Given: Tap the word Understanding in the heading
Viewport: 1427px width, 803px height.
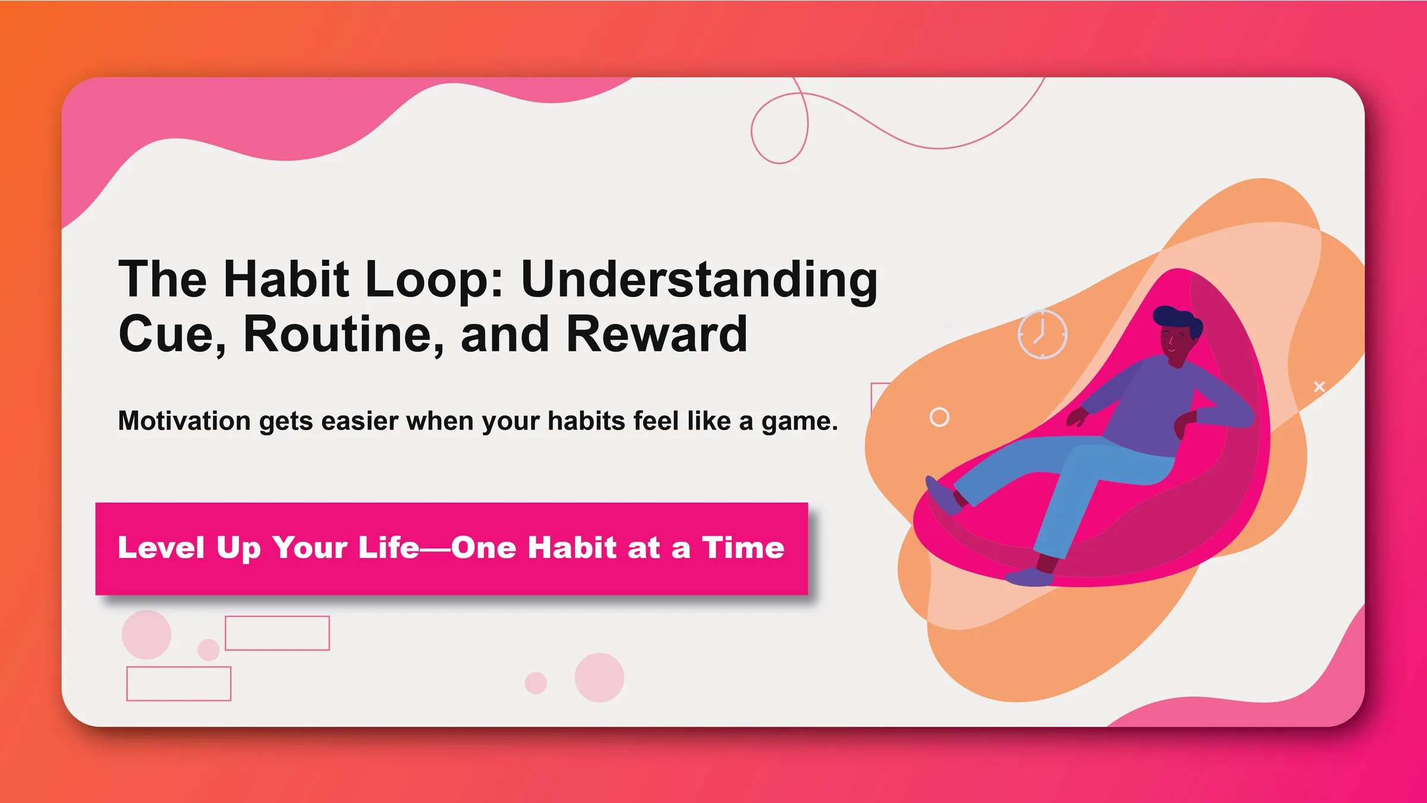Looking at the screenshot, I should pyautogui.click(x=699, y=280).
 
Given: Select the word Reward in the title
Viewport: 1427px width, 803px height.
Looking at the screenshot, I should pyautogui.click(x=656, y=334).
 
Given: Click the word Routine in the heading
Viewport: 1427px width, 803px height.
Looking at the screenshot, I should pyautogui.click(x=343, y=334).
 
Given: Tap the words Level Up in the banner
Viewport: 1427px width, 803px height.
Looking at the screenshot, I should pyautogui.click(x=189, y=548).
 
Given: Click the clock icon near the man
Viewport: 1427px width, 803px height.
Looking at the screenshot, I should pyautogui.click(x=1042, y=334).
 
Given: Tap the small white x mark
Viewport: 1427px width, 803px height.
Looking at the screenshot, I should pyautogui.click(x=1319, y=387).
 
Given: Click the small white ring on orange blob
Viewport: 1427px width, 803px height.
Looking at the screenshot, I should pyautogui.click(x=939, y=417).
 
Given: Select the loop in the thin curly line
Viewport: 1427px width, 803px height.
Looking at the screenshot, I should pyautogui.click(x=779, y=128).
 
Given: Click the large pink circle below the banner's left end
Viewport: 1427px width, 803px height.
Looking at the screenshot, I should pyautogui.click(x=146, y=635).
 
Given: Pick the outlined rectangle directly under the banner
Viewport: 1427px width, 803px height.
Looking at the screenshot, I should pyautogui.click(x=277, y=633).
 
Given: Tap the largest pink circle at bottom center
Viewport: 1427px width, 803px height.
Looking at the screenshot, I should pyautogui.click(x=599, y=677).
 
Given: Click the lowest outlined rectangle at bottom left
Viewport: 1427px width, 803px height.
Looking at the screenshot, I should pyautogui.click(x=178, y=683).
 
